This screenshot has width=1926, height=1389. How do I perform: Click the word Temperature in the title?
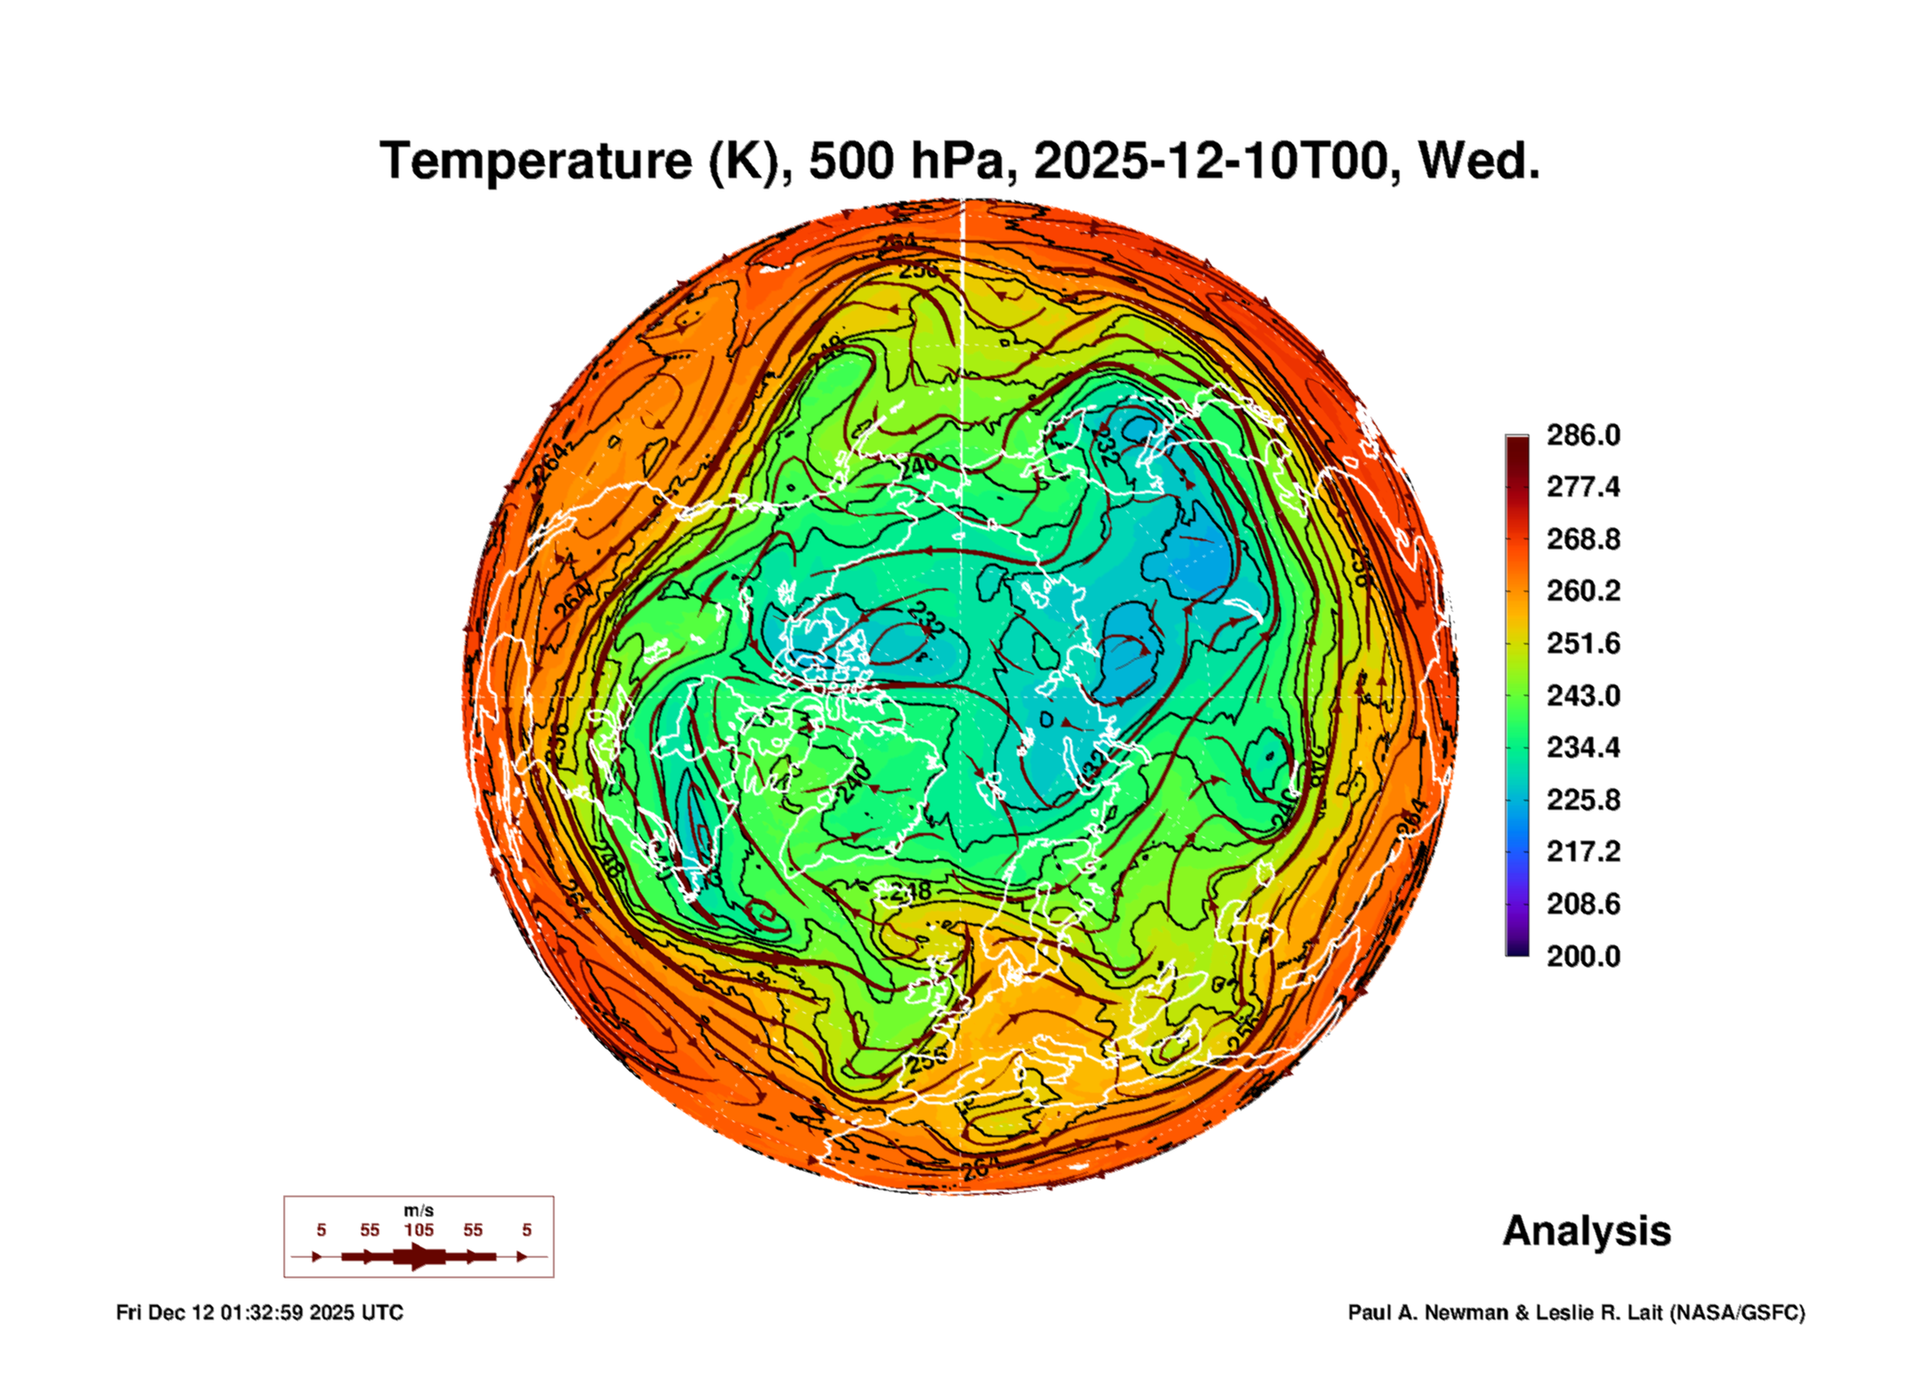(x=536, y=161)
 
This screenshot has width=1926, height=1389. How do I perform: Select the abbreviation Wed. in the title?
(x=1479, y=161)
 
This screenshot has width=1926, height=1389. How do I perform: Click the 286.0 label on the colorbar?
(x=1583, y=435)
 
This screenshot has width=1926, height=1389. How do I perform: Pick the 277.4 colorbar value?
(x=1583, y=487)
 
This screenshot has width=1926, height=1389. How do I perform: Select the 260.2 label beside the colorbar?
(x=1583, y=591)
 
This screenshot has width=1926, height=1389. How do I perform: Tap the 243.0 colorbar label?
(x=1583, y=695)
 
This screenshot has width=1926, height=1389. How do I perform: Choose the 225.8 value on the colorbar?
(x=1583, y=800)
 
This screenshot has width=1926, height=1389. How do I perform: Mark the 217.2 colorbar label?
(x=1583, y=852)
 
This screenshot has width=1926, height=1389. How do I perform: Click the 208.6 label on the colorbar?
(x=1583, y=904)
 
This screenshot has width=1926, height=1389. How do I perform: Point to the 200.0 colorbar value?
(x=1583, y=957)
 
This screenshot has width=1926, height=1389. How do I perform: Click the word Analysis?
(x=1586, y=1232)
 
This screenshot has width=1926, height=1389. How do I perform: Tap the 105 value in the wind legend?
(x=419, y=1230)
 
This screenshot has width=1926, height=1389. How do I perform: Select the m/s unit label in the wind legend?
(x=418, y=1211)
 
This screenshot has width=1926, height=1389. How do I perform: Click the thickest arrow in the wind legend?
(x=418, y=1256)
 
